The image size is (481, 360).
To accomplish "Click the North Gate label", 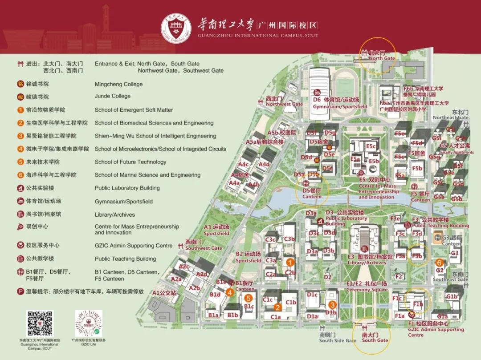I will (382, 58).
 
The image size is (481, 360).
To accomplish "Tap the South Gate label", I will (375, 340).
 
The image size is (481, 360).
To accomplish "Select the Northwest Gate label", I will (284, 104).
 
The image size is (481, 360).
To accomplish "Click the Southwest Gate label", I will (204, 248).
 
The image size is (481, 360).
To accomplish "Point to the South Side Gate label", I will (338, 340).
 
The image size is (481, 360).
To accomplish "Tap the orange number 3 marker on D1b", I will (332, 305).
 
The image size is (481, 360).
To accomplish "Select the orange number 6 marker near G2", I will (439, 263).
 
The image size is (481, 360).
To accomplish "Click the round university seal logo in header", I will (176, 28).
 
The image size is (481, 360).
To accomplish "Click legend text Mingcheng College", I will (118, 84).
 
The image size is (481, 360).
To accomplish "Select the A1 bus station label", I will (164, 293).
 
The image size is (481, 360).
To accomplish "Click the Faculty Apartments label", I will (457, 152).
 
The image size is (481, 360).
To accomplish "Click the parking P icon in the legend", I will (20, 291).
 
